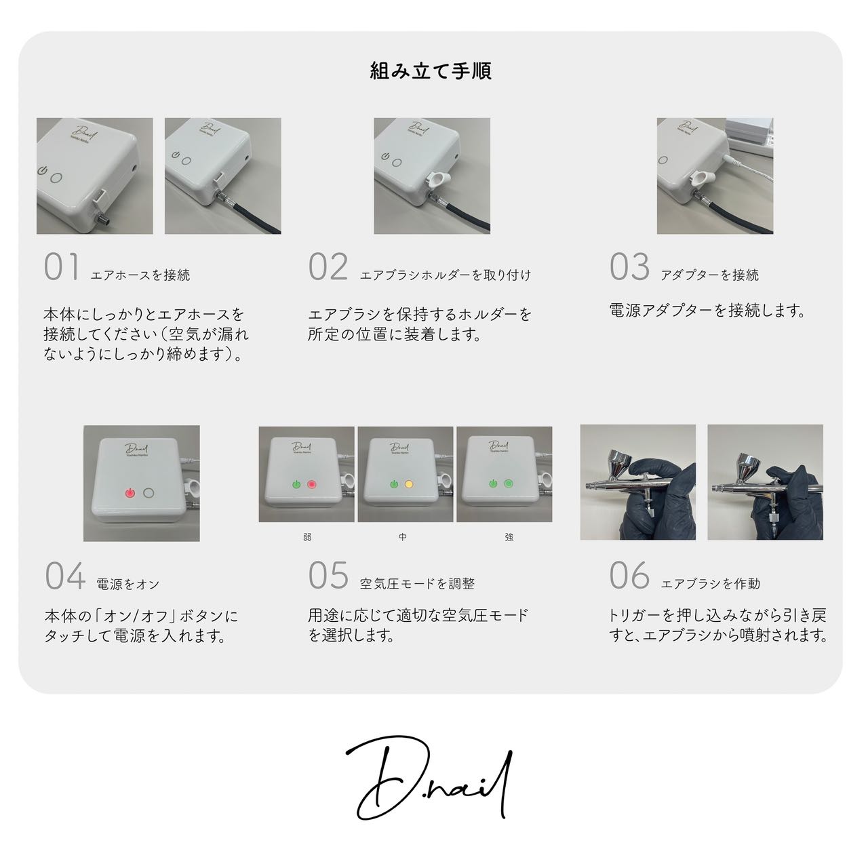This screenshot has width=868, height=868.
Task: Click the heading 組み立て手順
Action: (x=431, y=71)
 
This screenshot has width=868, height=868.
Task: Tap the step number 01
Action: (x=62, y=267)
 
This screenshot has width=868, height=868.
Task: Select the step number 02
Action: (x=328, y=267)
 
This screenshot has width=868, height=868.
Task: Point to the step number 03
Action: (x=629, y=267)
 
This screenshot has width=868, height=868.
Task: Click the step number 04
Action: (x=65, y=576)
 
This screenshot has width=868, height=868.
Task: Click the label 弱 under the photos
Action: (x=307, y=537)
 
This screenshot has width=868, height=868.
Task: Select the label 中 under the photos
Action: (x=403, y=537)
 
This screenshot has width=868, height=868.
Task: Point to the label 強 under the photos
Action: (x=509, y=537)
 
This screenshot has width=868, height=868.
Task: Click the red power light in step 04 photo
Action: (x=130, y=493)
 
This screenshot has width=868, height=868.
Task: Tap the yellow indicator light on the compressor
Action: (x=409, y=485)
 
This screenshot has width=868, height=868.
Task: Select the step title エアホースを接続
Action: (x=140, y=275)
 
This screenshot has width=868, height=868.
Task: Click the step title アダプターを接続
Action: (x=710, y=275)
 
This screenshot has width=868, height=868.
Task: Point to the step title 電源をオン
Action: (x=128, y=585)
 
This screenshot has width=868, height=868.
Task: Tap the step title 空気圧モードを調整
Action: (x=418, y=584)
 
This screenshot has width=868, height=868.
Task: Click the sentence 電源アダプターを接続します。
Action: (x=707, y=311)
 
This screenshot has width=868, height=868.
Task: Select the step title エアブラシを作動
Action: (x=711, y=584)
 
